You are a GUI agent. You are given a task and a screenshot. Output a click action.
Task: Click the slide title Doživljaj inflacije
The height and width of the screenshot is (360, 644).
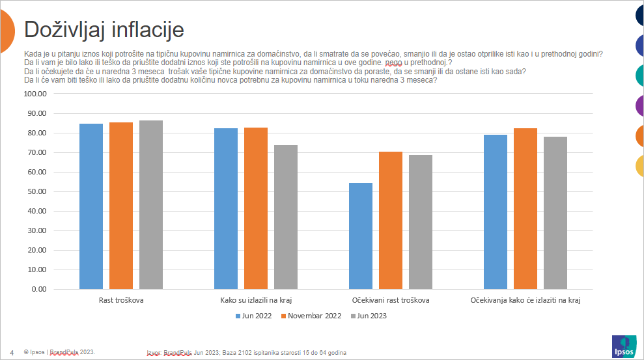(x=104, y=29)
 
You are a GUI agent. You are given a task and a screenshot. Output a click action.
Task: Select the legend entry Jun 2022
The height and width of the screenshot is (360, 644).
(x=254, y=316)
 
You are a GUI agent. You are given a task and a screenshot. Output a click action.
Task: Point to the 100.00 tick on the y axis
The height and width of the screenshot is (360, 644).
(x=35, y=94)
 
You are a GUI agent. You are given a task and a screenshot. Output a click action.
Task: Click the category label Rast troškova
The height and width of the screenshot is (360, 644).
(x=121, y=300)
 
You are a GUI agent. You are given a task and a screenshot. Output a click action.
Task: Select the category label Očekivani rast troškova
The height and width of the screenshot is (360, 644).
(x=391, y=300)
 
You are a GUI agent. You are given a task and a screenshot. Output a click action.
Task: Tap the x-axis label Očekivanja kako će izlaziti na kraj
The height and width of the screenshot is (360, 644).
(x=525, y=300)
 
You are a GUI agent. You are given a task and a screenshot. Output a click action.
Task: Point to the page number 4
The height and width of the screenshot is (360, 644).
(x=12, y=352)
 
